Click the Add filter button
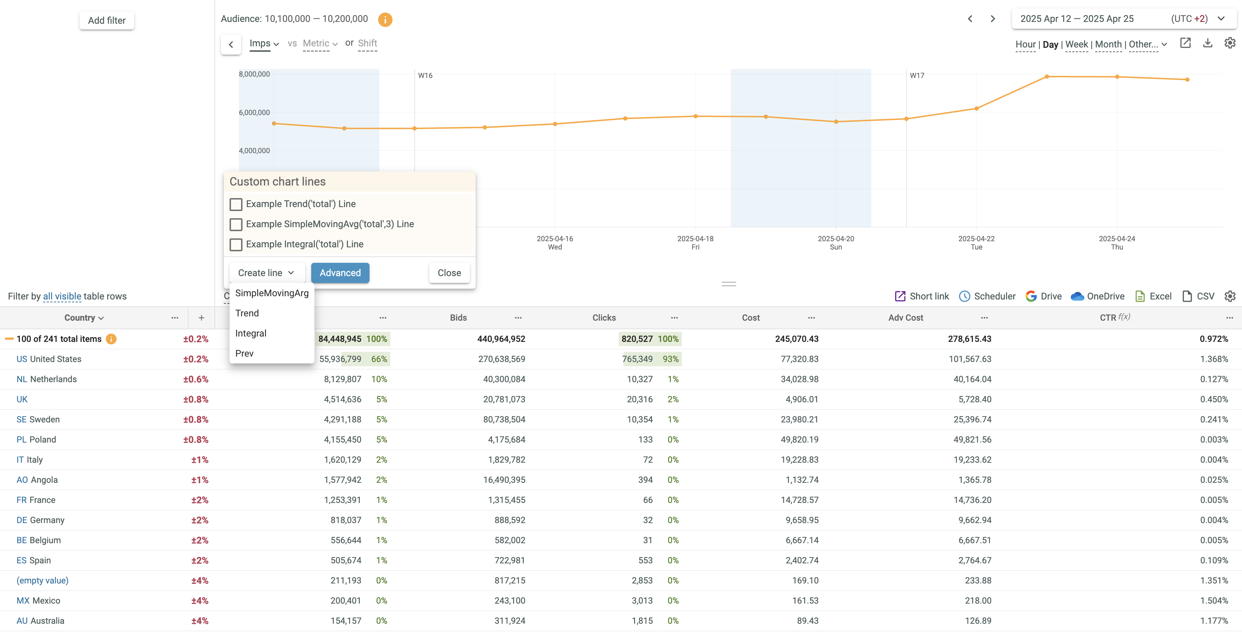(x=106, y=20)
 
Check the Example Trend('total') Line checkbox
(x=236, y=204)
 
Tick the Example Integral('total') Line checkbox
(x=236, y=245)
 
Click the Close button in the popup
(x=449, y=273)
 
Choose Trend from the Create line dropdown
(x=247, y=313)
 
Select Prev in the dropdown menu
(x=244, y=354)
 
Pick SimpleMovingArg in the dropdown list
(x=271, y=293)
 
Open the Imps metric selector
(x=264, y=43)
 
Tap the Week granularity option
(x=1076, y=44)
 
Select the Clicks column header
(x=604, y=317)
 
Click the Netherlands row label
(x=53, y=379)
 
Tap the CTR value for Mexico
(x=1214, y=601)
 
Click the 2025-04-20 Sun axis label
(x=835, y=243)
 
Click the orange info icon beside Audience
(x=385, y=19)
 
